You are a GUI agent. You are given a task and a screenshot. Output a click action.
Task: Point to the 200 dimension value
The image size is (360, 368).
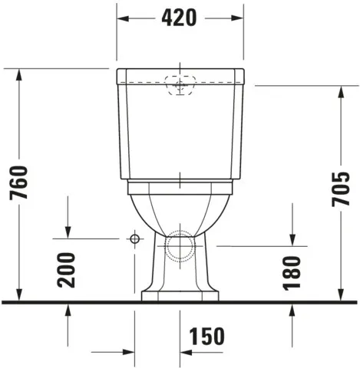coord(68,269)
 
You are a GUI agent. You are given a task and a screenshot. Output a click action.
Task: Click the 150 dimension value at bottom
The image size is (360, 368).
coord(207,336)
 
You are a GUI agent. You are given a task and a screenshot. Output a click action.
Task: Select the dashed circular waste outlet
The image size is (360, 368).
coord(180,245)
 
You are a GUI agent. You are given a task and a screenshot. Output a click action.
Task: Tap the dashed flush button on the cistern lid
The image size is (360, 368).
coord(180,86)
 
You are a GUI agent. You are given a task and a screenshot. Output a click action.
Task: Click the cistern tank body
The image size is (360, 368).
coord(180,130)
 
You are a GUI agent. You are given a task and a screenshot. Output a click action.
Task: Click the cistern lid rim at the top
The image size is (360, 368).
coord(180,75)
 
